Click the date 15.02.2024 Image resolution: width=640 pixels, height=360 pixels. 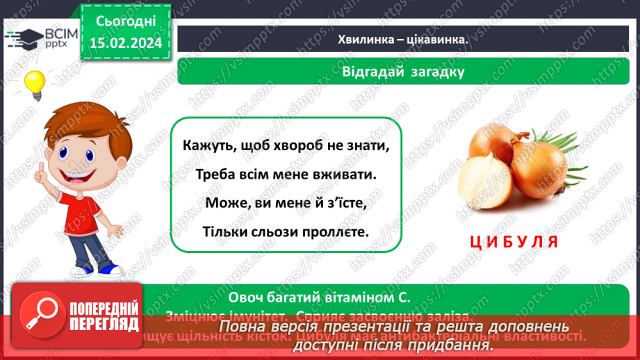125,43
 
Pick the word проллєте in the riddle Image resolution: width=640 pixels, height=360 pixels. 336,230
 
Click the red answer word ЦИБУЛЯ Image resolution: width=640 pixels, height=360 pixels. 514,242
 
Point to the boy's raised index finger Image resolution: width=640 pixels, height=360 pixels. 42,168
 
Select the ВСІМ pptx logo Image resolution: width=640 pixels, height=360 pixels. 42,38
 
